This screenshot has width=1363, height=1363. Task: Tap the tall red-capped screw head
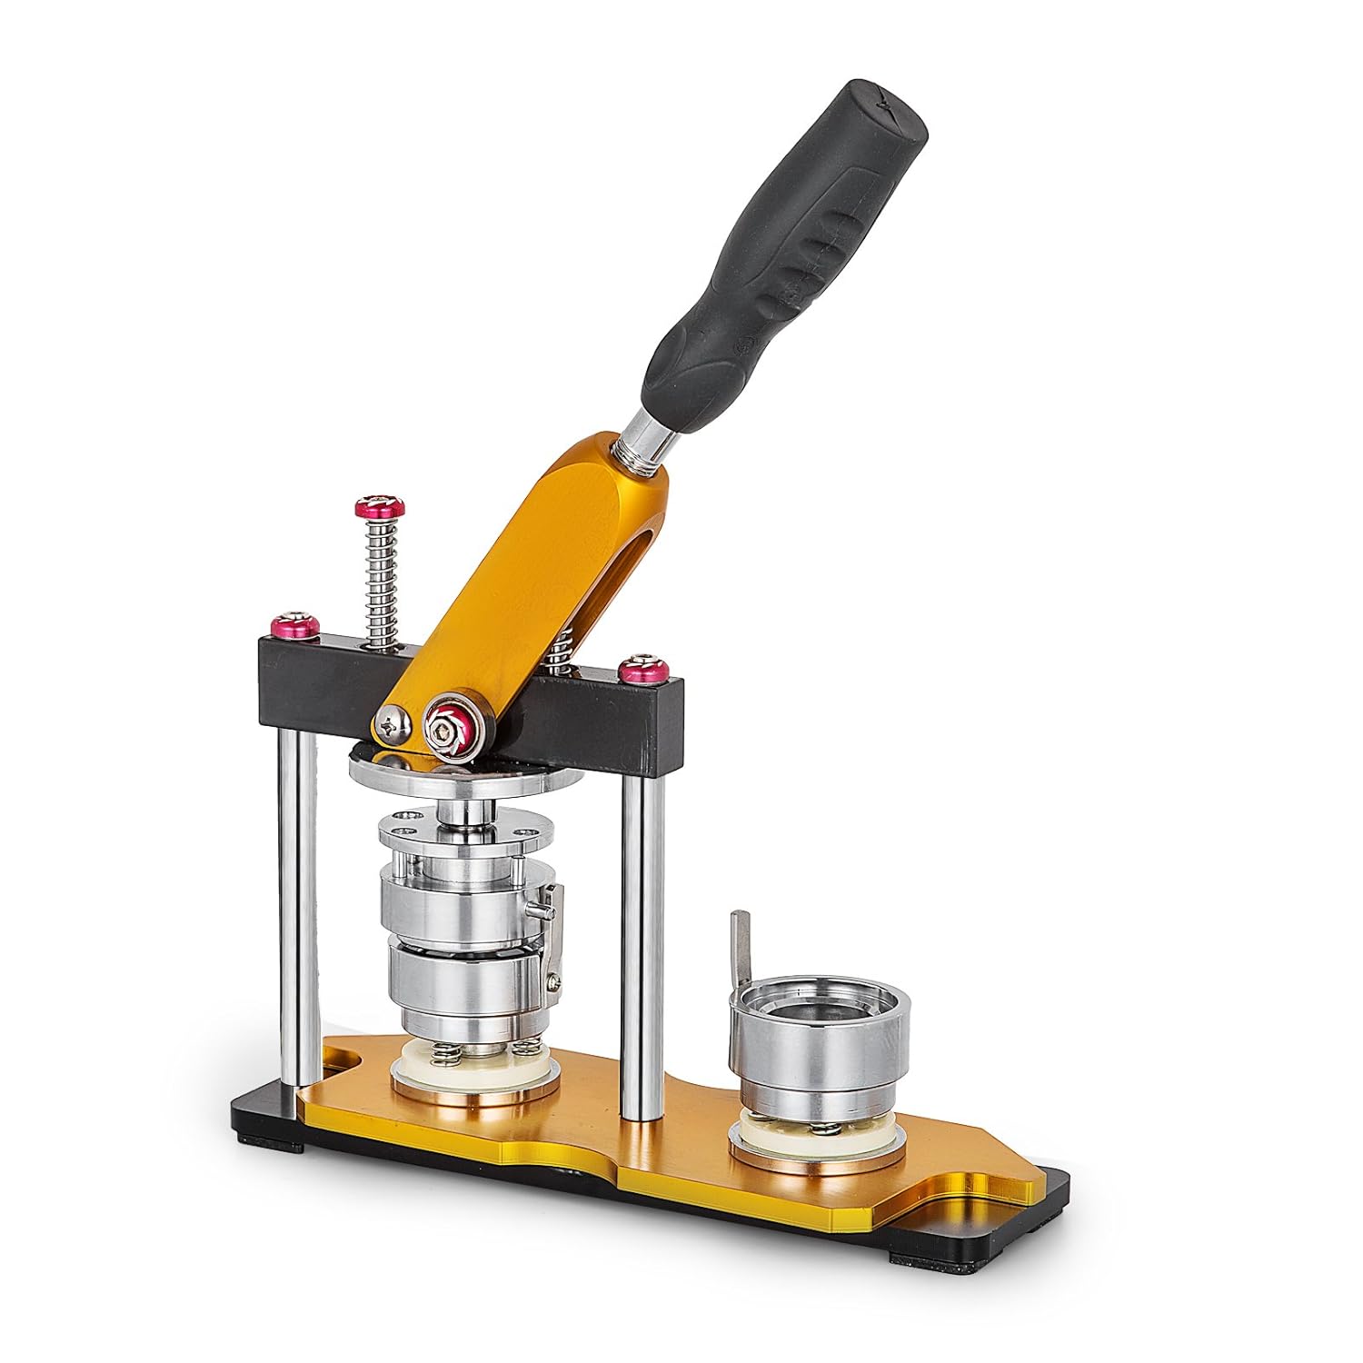point(380,506)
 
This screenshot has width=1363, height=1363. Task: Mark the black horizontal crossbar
point(591,718)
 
